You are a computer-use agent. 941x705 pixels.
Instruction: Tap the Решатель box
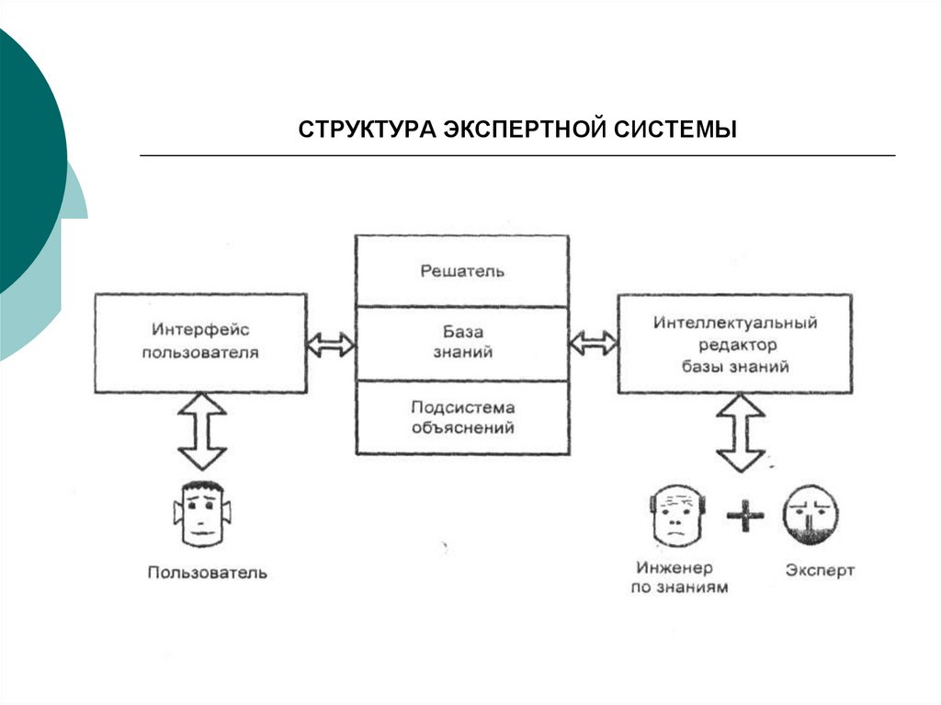pos(462,271)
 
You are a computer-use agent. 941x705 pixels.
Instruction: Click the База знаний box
pos(462,342)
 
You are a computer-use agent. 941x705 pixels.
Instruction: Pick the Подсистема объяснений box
pos(462,417)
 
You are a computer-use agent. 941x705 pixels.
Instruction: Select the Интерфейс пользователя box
pos(200,342)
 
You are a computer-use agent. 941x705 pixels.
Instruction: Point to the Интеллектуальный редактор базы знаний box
pos(722,345)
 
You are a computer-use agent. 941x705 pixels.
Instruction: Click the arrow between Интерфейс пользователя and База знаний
pos(331,345)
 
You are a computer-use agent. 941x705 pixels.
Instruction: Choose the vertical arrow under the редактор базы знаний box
pos(741,433)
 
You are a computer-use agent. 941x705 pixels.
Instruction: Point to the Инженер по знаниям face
pos(676,517)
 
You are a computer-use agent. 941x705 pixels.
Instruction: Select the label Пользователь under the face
pos(208,573)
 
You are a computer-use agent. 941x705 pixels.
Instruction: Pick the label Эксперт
pos(820,570)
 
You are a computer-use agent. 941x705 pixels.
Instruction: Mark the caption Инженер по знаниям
pos(679,578)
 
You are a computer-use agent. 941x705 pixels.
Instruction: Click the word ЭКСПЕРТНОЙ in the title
pos(524,129)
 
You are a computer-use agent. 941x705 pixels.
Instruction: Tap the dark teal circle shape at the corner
pos(23,156)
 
